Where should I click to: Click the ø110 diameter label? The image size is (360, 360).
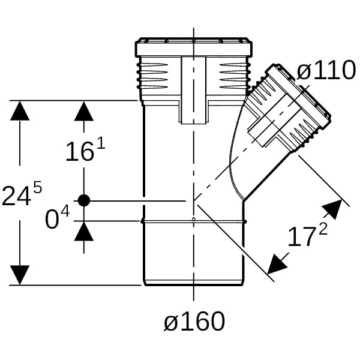coord(326,71)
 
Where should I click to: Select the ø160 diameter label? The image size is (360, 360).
coord(194,322)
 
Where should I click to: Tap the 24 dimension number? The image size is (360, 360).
coord(16,196)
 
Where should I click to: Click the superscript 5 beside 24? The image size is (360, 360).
coord(37,187)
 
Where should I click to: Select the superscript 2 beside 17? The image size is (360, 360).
coord(323,229)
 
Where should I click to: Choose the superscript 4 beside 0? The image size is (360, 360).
coord(65,212)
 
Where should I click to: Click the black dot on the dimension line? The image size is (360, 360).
coord(83,200)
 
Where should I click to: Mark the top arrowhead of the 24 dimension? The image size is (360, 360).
coord(20,111)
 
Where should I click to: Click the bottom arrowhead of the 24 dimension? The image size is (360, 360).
coord(20,275)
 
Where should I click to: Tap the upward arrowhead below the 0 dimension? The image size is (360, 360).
coord(83,231)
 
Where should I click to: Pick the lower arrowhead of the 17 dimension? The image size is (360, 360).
coord(277,262)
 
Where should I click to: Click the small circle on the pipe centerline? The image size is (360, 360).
coord(193,220)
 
